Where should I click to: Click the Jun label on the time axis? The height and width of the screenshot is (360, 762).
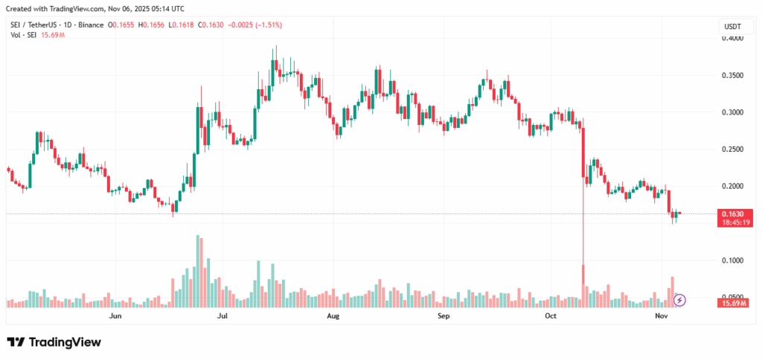(115, 316)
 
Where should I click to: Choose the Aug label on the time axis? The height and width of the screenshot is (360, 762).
(333, 316)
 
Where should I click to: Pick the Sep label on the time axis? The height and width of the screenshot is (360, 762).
(444, 316)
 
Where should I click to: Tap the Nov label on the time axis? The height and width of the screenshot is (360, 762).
(660, 316)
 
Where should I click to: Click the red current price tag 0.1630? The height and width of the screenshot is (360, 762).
(732, 213)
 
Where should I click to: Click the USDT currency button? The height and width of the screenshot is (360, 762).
(732, 27)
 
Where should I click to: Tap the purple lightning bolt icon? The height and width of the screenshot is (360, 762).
(679, 300)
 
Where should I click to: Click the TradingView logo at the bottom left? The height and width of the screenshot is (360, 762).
(54, 341)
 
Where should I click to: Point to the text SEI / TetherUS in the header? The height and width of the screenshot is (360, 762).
(38, 25)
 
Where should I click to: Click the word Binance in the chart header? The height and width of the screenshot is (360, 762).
(91, 25)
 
